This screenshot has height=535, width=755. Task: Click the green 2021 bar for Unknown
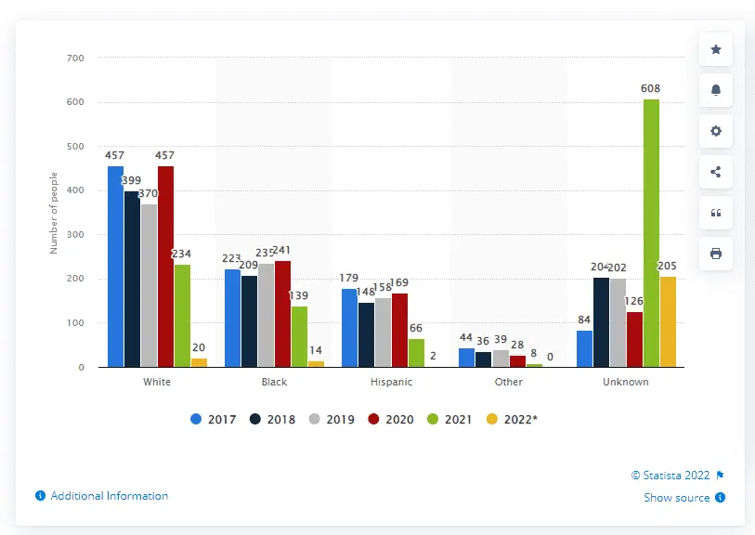651,233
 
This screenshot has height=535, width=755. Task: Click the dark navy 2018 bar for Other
483,359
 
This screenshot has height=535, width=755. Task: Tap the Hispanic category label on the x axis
391,382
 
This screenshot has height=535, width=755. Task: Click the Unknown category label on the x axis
625,382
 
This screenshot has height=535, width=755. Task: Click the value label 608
651,89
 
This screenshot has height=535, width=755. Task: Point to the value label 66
416,328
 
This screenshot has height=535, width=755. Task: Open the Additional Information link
109,496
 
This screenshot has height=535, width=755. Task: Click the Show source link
677,498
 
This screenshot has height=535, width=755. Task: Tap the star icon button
715,49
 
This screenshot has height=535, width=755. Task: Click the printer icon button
715,254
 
